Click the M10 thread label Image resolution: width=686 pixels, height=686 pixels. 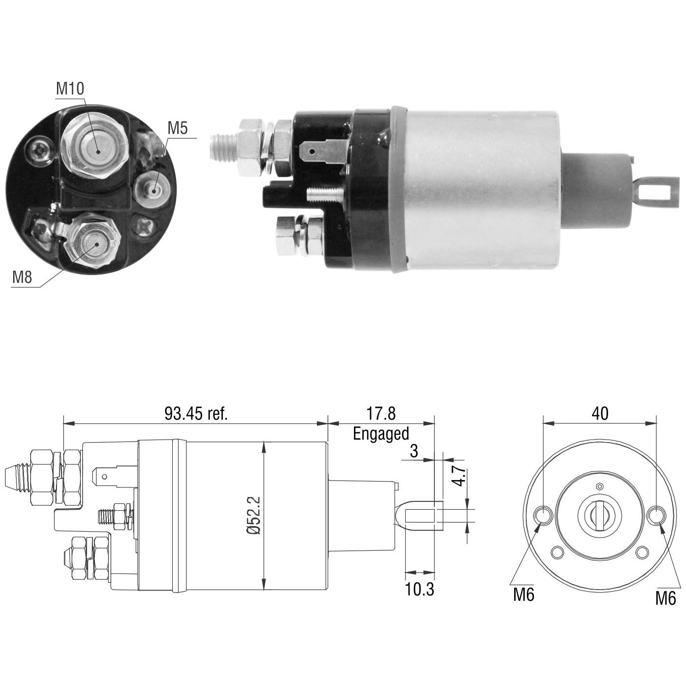pyautogui.click(x=70, y=89)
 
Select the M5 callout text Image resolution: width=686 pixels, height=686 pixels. pyautogui.click(x=178, y=128)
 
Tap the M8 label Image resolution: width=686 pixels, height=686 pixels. pyautogui.click(x=22, y=277)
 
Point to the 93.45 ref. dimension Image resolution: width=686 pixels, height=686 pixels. pyautogui.click(x=196, y=414)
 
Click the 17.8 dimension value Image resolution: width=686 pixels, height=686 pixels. pyautogui.click(x=381, y=414)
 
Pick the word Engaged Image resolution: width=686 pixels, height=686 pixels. pyautogui.click(x=381, y=434)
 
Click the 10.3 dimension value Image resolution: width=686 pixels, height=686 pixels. pyautogui.click(x=420, y=590)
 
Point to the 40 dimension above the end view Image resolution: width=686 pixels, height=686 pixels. pyautogui.click(x=600, y=414)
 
